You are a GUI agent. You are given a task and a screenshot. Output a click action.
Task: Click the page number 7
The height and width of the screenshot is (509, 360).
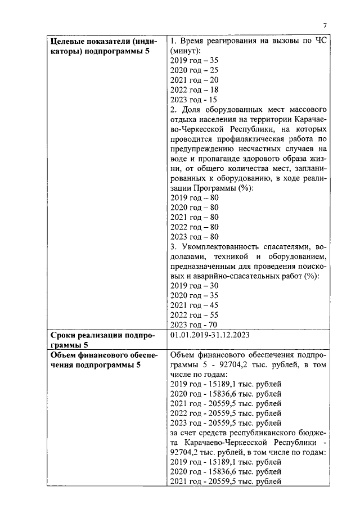325,25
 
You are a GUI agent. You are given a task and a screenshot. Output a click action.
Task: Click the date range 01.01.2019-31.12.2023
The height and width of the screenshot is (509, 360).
210,335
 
